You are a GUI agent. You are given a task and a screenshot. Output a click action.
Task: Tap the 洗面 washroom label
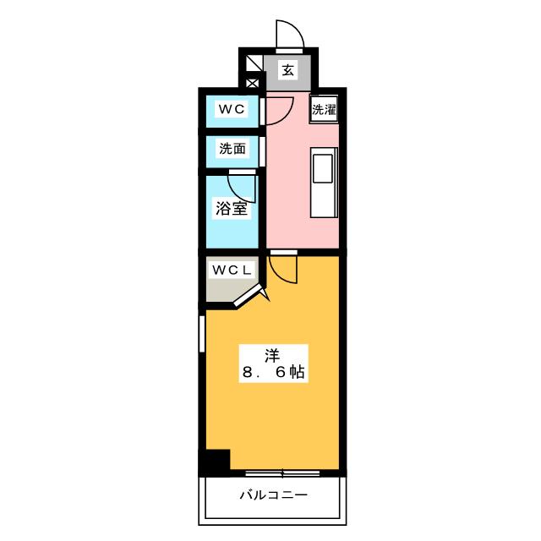click(232, 149)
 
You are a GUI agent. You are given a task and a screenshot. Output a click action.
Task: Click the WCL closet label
click(231, 270)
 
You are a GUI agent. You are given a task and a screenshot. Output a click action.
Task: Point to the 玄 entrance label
click(287, 71)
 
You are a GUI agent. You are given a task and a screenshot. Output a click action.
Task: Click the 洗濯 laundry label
click(324, 109)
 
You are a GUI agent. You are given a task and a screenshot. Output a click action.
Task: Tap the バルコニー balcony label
click(273, 495)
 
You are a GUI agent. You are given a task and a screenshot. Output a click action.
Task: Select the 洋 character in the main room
click(273, 353)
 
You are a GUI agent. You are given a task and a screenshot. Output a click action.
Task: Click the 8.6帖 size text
click(273, 372)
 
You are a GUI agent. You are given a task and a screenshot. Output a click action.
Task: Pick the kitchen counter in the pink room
click(324, 182)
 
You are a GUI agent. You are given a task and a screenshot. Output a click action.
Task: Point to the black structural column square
click(216, 462)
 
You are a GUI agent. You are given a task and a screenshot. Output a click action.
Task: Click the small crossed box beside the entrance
click(252, 83)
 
